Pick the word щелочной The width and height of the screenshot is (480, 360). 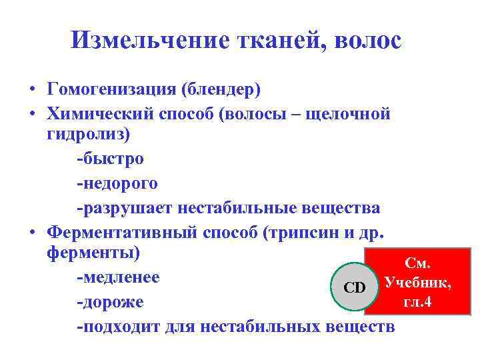coord(347,113)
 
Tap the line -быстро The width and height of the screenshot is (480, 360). coord(110,159)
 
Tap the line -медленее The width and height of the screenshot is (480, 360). coord(118,277)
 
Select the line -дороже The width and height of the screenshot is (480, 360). coord(110,302)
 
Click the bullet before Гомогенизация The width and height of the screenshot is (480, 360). coord(31,89)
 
